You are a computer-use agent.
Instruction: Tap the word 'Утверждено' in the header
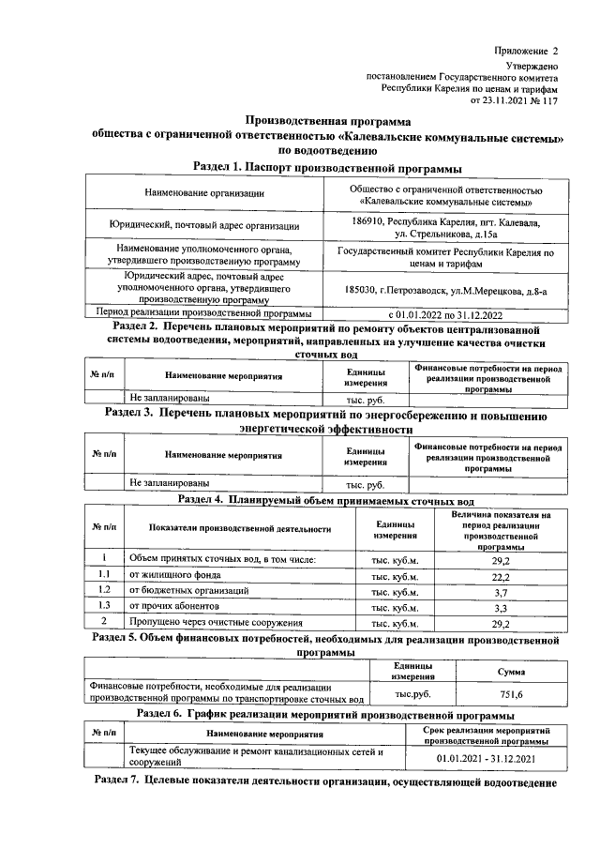tap(532, 67)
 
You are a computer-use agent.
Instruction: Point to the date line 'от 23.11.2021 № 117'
tap(519, 100)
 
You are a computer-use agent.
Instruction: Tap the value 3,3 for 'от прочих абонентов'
tap(500, 607)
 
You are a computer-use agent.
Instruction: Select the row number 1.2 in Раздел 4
tap(105, 591)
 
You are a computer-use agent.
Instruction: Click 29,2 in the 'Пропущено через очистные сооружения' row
tap(500, 622)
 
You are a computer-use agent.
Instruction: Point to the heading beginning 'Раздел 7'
tap(327, 781)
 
